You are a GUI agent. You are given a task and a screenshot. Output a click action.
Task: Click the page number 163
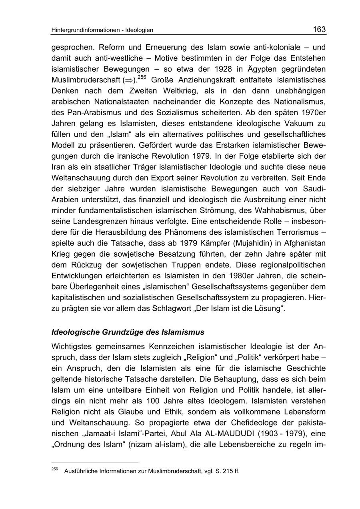(319, 29)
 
